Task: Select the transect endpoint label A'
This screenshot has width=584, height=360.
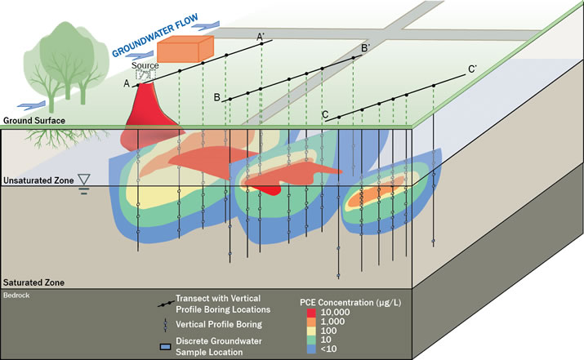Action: click(x=261, y=36)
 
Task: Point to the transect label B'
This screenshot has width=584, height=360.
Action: click(x=366, y=49)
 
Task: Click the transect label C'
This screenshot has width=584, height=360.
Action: click(x=474, y=69)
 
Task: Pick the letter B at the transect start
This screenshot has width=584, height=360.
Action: click(x=216, y=98)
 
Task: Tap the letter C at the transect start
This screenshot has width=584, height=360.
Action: click(x=325, y=115)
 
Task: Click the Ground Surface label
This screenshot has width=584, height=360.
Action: click(x=33, y=121)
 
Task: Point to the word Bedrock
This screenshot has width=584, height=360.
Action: click(x=17, y=291)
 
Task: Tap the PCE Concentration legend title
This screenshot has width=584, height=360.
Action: click(x=352, y=301)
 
